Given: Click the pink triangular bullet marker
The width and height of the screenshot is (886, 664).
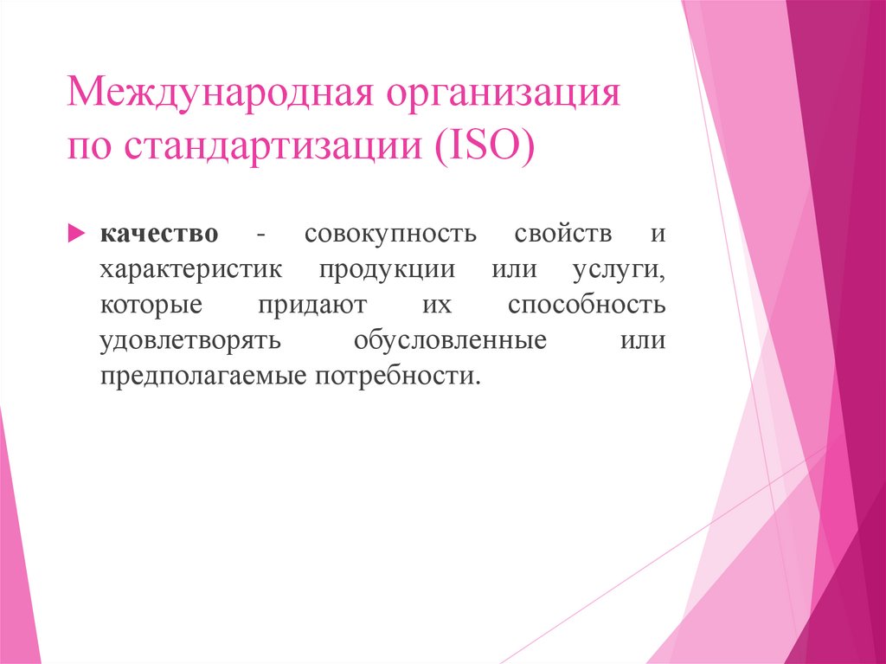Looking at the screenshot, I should click(x=75, y=234).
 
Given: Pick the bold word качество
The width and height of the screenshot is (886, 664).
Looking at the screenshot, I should click(x=158, y=235).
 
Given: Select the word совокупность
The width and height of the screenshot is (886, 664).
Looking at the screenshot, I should click(x=389, y=235).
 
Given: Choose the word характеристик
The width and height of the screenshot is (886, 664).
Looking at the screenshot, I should click(x=190, y=270).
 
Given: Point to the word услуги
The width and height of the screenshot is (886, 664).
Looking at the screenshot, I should click(x=618, y=270).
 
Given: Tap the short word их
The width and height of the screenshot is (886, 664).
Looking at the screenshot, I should click(x=438, y=306).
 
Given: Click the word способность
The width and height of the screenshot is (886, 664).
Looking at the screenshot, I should click(x=587, y=306).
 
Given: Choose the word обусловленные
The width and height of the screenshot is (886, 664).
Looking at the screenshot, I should click(x=450, y=341).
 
